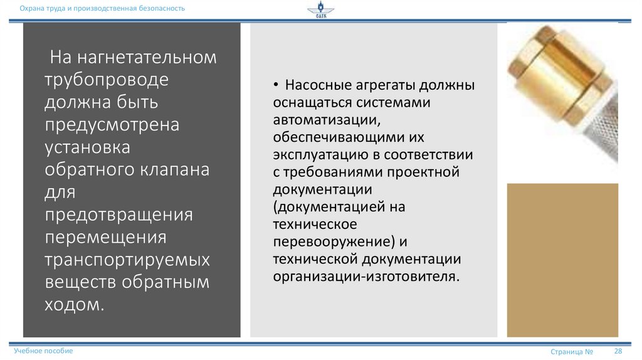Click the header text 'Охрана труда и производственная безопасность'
coord(102,8)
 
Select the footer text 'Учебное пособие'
coord(43,351)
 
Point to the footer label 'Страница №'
coord(572,352)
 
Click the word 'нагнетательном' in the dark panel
coord(148,58)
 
